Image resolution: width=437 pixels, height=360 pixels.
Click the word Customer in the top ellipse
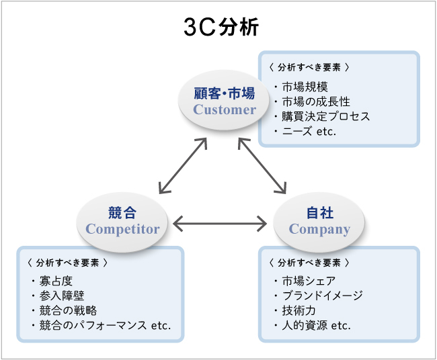pyautogui.click(x=225, y=109)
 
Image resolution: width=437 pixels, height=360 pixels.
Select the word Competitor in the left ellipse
pyautogui.click(x=122, y=229)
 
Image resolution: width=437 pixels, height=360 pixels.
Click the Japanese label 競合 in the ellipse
pyautogui.click(x=122, y=213)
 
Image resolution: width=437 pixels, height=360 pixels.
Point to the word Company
pyautogui.click(x=319, y=229)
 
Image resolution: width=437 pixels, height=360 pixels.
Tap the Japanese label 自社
pyautogui.click(x=319, y=213)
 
